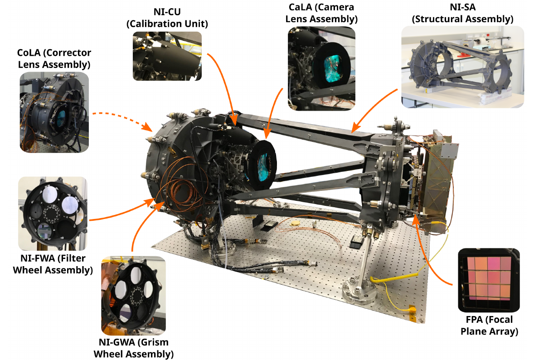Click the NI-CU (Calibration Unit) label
pos(167,18)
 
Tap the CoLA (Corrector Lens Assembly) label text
pos(54,58)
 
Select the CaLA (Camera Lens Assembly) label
pos(321,13)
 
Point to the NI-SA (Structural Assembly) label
pos(462,13)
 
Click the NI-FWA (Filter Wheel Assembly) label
pos(53,264)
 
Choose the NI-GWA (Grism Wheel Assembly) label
pos(133,348)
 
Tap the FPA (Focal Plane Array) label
pos(490,325)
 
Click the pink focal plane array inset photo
pos(489,280)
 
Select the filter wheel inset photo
pos(53,214)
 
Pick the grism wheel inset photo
pos(133,296)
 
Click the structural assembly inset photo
pos(462,67)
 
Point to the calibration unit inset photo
pos(167,56)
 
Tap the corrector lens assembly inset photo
pos(54,112)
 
